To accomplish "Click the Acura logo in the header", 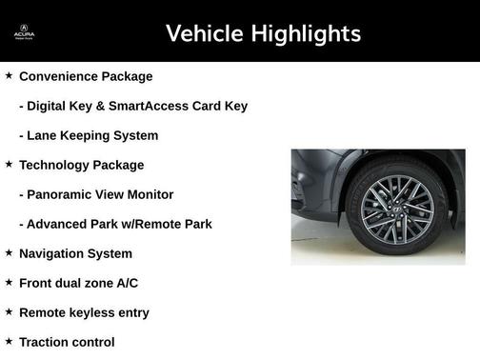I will point(24,34).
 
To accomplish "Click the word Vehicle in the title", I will point(203,34).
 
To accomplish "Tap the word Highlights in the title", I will point(305,34).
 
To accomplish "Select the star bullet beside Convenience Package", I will point(9,75).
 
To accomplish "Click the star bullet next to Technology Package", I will point(9,164).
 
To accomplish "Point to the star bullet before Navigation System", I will point(9,252).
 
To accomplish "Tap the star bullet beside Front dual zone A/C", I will point(9,282).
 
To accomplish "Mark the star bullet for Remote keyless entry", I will point(9,311).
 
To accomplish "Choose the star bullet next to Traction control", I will point(9,341).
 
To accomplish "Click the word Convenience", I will point(59,76).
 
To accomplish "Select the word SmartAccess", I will point(148,106).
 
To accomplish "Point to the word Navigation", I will point(55,253).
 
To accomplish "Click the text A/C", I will point(127,283).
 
